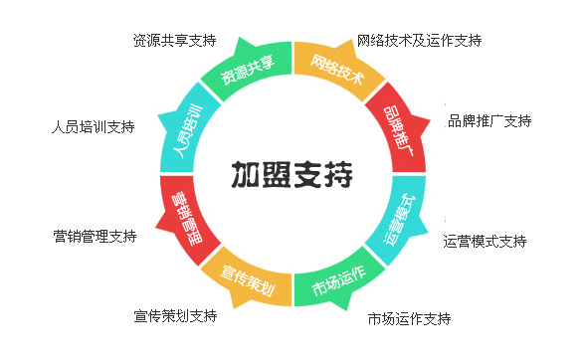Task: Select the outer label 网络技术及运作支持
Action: point(419,41)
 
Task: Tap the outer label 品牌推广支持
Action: point(489,121)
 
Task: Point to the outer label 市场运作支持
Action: point(409,319)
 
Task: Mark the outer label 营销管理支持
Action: point(95,237)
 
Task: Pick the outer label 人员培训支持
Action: point(93,127)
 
